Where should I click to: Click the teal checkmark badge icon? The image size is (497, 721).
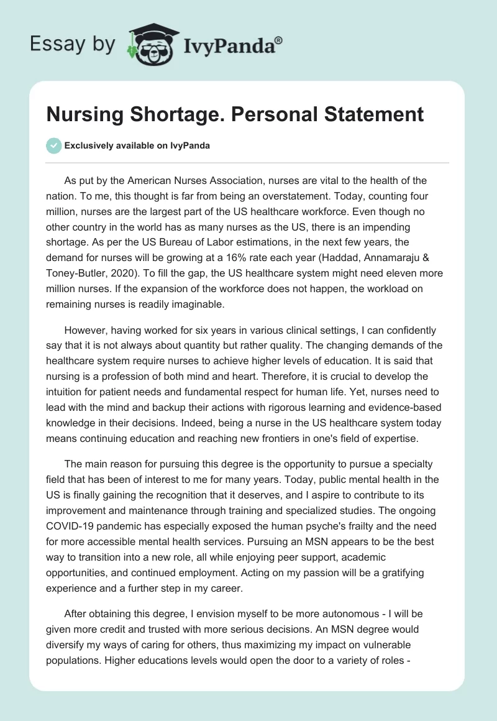(x=54, y=145)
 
